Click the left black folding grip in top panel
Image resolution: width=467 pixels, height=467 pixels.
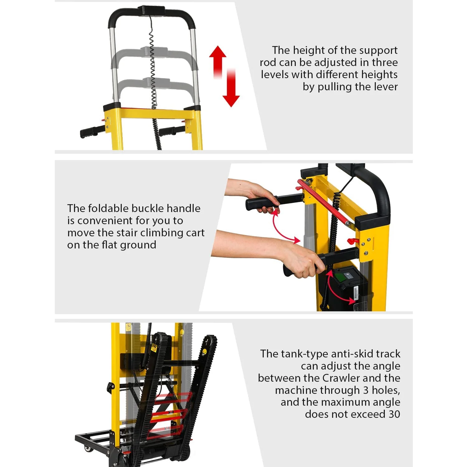point(92,132)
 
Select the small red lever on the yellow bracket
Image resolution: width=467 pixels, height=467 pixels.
point(353,241)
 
